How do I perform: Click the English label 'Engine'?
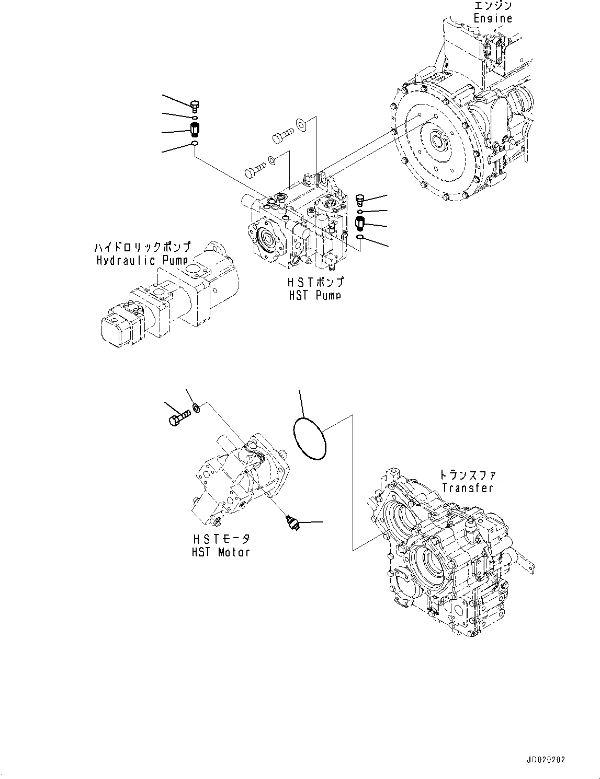(492, 18)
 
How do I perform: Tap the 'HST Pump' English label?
(314, 295)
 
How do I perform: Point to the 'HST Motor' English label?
(220, 552)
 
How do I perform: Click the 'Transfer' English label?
(467, 487)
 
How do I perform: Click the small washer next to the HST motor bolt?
(196, 407)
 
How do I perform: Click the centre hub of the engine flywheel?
(435, 141)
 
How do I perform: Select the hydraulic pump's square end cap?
(117, 329)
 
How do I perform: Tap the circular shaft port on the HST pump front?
(269, 241)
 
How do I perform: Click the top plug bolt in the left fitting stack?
(196, 107)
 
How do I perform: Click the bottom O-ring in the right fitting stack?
(360, 238)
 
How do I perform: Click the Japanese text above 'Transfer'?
(467, 475)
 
